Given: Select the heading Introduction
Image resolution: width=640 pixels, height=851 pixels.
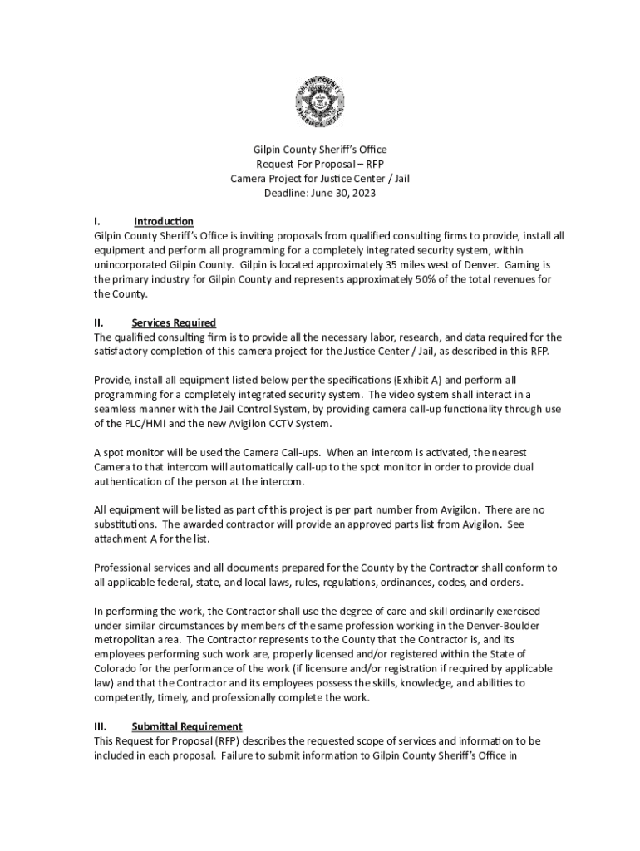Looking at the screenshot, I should (164, 221).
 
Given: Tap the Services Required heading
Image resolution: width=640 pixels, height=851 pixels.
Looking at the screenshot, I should (174, 322).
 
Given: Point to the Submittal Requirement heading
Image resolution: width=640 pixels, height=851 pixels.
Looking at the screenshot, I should (187, 726).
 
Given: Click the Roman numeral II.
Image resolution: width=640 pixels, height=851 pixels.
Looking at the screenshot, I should (98, 322).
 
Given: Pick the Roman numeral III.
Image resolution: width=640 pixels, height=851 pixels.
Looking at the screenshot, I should (100, 726).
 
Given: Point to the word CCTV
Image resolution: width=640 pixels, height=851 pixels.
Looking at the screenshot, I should (276, 424).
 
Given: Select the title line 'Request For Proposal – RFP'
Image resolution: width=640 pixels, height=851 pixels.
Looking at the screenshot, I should (320, 165).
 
